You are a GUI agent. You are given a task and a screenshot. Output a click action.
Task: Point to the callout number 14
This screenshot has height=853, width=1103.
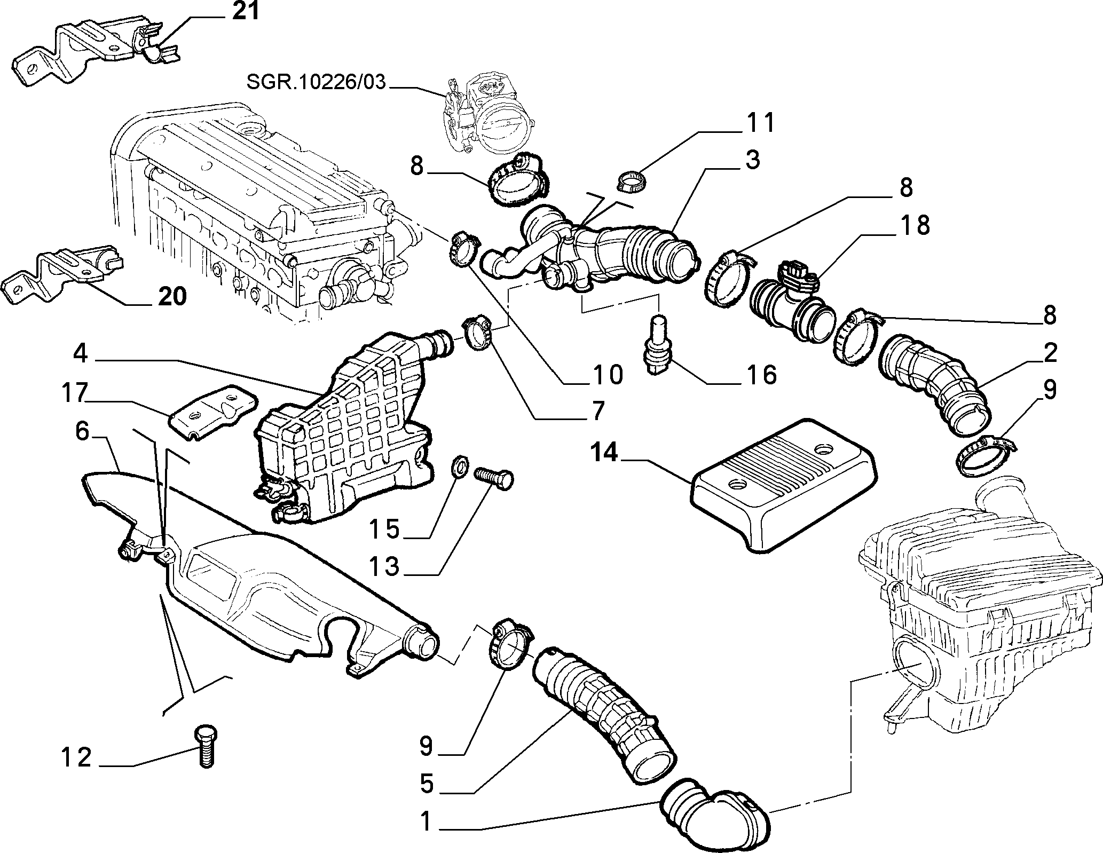pos(604,453)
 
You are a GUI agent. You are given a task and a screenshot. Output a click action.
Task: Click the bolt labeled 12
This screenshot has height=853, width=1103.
pos(205,746)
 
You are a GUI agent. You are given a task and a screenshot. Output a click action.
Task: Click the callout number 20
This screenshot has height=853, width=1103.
pos(171,297)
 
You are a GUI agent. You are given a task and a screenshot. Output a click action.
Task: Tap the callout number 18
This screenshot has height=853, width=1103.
pos(915,226)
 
